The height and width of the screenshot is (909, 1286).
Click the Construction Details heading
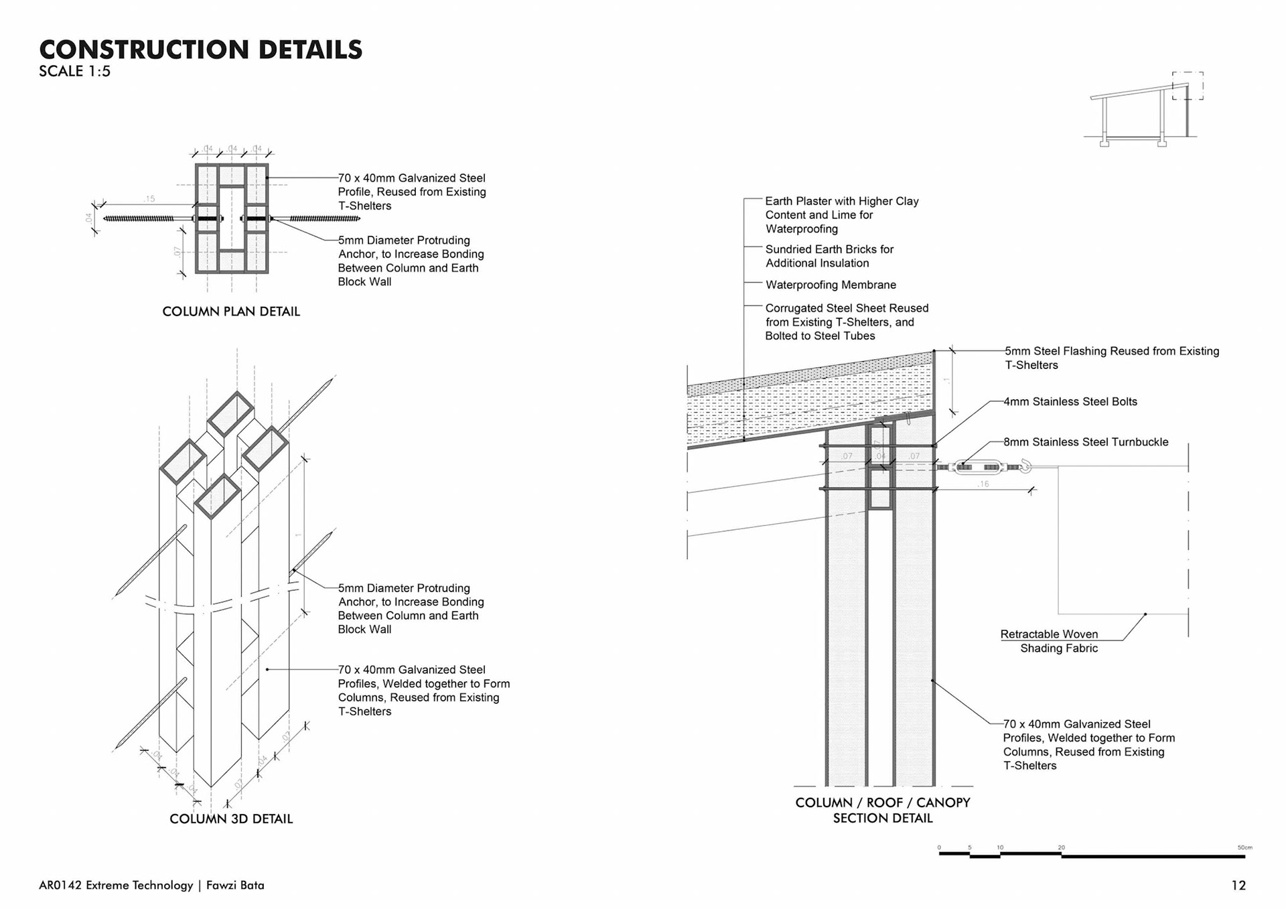(200, 50)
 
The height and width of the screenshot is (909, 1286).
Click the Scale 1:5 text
(74, 72)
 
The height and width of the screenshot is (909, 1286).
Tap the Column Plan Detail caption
(231, 311)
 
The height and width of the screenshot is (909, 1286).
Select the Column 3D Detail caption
(231, 819)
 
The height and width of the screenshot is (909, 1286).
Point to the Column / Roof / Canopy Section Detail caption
(883, 810)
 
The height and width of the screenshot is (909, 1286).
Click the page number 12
(1238, 886)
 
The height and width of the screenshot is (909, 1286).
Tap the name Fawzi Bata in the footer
(235, 886)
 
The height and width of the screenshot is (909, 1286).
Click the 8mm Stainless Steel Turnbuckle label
(1086, 442)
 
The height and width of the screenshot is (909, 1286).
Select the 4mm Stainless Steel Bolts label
(1070, 402)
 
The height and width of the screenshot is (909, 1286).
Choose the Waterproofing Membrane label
(831, 285)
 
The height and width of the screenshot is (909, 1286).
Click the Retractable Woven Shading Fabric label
(1050, 641)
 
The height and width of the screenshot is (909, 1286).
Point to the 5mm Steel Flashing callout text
(1111, 358)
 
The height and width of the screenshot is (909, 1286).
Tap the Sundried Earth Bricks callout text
(829, 256)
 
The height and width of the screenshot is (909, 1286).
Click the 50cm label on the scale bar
(1244, 847)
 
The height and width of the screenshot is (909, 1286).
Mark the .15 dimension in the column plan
(149, 199)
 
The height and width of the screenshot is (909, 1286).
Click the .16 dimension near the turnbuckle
(983, 484)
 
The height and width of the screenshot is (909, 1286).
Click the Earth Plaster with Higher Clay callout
(842, 215)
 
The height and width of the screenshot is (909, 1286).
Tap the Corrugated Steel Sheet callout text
(847, 322)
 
